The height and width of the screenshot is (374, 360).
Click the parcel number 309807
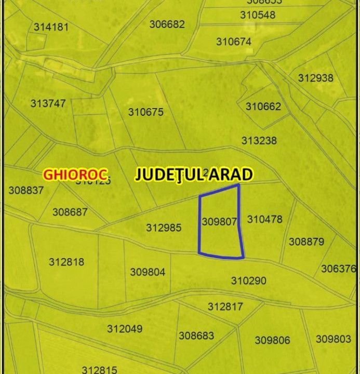219,222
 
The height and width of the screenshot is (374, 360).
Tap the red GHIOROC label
75,174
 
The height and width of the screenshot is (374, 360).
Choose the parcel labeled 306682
167,24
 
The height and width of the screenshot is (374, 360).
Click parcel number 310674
234,42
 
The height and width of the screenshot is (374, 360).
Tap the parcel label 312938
315,78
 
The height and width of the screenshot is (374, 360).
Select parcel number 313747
48,103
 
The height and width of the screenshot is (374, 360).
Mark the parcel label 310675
145,112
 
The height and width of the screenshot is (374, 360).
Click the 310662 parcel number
263,106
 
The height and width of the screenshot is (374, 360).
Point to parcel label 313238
259,141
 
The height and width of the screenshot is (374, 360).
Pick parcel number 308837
26,191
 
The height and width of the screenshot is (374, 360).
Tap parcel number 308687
70,212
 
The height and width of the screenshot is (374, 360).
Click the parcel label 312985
164,228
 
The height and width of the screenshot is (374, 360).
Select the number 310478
264,219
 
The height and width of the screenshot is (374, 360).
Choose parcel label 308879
306,242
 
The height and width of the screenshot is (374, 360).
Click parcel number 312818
66,262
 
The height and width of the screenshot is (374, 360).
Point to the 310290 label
248,281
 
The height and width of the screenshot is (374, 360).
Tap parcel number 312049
125,329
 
